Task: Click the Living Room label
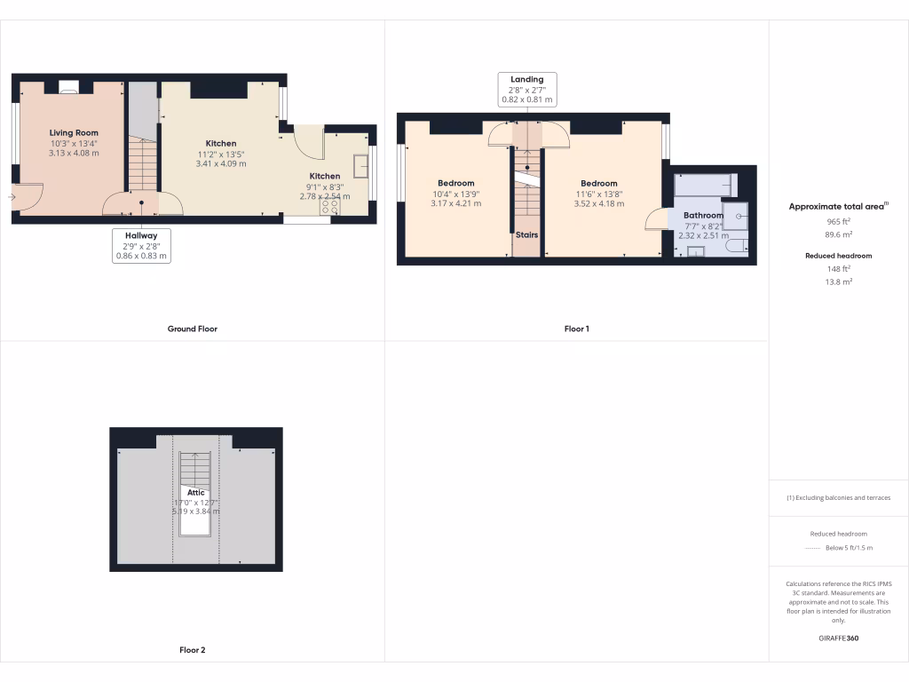click(74, 133)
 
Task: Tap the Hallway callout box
click(141, 246)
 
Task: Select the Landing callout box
click(526, 90)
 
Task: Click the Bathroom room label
click(703, 215)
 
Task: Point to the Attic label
click(196, 493)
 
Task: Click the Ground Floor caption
click(193, 329)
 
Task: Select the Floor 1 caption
click(577, 329)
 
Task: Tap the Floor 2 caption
click(193, 650)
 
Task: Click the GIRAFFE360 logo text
click(839, 638)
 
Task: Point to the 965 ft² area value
click(839, 221)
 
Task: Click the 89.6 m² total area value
click(839, 235)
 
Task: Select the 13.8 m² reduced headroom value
click(839, 282)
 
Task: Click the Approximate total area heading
click(838, 206)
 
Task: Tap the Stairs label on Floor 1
click(527, 235)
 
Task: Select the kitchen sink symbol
click(361, 166)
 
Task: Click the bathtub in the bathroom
click(705, 185)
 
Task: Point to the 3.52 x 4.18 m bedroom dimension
click(599, 203)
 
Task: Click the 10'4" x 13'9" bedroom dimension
click(455, 194)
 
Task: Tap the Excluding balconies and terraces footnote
click(839, 497)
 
